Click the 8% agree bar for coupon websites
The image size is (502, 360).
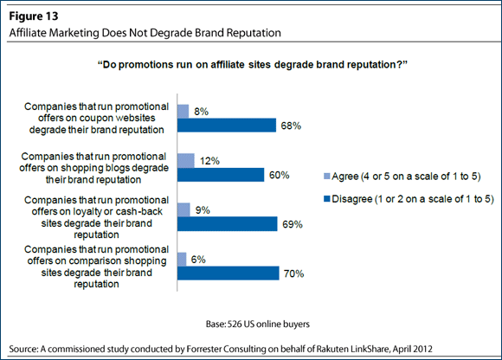click(183, 112)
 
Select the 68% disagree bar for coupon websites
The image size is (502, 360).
click(227, 125)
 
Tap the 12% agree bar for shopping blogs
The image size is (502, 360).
click(186, 161)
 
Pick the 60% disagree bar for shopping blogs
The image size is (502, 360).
click(221, 175)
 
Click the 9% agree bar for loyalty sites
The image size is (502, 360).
click(183, 210)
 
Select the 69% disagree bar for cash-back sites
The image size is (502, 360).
click(228, 224)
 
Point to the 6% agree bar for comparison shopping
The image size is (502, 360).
click(182, 260)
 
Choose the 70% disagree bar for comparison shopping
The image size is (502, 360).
click(228, 273)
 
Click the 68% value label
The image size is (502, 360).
click(291, 125)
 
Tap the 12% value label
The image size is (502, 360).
click(209, 161)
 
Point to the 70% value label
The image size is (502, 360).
click(294, 273)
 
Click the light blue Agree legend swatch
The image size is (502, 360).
click(327, 177)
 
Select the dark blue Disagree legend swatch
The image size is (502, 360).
click(327, 199)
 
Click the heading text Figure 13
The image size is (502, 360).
click(34, 16)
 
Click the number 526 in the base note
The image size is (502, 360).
click(235, 325)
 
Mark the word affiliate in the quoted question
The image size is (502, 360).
click(228, 65)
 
